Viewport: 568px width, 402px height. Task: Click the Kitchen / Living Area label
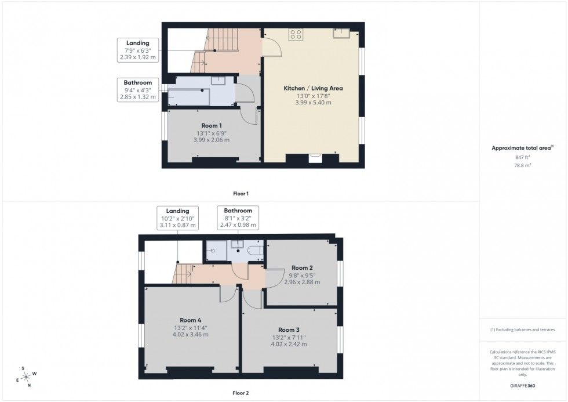[x=313, y=88]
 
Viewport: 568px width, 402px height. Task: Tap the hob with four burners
[x=296, y=34]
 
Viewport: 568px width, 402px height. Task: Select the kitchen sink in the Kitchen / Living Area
[x=341, y=33]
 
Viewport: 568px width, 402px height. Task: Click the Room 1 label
[x=212, y=125]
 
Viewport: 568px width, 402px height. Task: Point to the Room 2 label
[x=302, y=267]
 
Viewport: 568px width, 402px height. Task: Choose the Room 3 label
[x=289, y=330]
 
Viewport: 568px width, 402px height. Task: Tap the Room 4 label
[x=191, y=320]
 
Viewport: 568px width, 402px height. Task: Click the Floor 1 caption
[x=241, y=194]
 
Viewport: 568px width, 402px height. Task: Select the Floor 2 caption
[x=241, y=393]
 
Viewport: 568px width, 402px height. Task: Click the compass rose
[x=26, y=377]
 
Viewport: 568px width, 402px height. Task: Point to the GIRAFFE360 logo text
[x=522, y=385]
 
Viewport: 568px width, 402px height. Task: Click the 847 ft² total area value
[x=522, y=157]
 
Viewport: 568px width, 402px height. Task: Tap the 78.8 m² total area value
[x=522, y=165]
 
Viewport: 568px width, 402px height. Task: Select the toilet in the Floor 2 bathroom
[x=256, y=251]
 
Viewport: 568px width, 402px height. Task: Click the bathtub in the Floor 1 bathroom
[x=189, y=97]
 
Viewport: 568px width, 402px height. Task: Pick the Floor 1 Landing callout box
[x=138, y=50]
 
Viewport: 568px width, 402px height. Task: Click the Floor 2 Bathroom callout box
[x=238, y=218]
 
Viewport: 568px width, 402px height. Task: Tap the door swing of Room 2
[x=274, y=278]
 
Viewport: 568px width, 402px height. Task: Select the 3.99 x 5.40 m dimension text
[x=313, y=103]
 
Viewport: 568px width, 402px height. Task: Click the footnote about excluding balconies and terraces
[x=522, y=330]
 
